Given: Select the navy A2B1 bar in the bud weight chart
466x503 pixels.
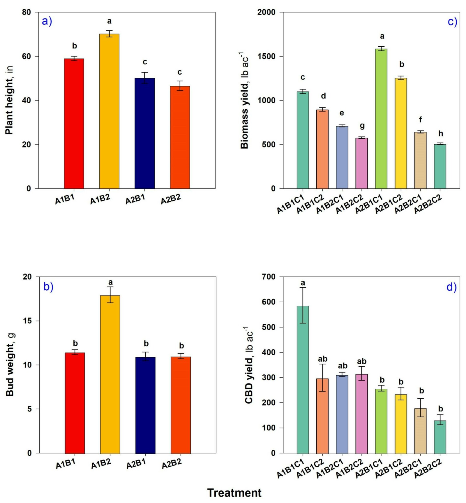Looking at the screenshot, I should click(145, 405).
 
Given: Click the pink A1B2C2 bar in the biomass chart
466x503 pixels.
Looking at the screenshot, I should click(361, 163).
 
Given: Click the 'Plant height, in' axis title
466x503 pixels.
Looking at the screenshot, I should click(9, 100).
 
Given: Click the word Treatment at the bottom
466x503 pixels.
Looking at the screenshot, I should click(234, 493).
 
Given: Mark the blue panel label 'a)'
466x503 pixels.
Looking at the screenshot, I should click(47, 21).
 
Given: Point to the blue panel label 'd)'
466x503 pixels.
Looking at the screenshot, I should click(451, 287).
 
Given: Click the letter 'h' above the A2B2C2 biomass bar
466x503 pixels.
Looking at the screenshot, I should click(441, 133).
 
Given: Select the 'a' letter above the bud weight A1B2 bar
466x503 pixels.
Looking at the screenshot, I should click(110, 282).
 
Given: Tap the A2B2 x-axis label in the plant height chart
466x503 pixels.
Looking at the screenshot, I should click(171, 199).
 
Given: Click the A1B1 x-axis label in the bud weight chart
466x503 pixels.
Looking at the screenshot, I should click(66, 463).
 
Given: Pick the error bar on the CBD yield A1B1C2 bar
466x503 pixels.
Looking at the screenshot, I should click(322, 377).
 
